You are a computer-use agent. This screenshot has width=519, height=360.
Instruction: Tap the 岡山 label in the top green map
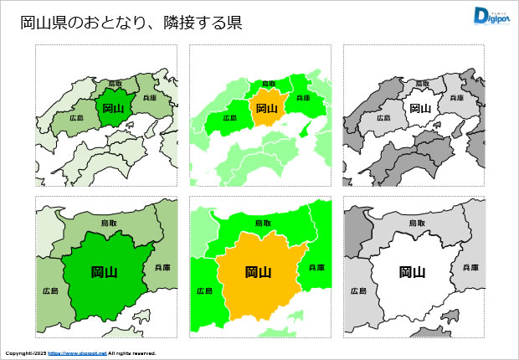(112, 108)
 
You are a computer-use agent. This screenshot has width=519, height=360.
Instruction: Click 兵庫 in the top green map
(150, 98)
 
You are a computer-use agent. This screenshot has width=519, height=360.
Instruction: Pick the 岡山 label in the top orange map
(266, 108)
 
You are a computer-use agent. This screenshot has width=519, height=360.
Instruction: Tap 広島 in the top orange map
(229, 118)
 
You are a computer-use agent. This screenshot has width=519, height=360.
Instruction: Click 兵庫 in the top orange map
(303, 98)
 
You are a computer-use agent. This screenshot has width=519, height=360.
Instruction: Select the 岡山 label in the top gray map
(420, 108)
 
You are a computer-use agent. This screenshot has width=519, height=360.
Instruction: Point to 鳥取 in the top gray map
(424, 84)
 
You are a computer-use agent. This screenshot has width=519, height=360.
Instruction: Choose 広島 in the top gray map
(383, 118)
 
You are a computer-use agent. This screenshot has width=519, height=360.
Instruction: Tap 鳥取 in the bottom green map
(110, 224)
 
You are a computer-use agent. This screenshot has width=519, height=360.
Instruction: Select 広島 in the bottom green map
(50, 291)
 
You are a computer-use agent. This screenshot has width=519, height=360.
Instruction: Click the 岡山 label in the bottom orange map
(258, 271)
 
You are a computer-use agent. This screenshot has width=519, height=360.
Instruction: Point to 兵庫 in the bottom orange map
(316, 267)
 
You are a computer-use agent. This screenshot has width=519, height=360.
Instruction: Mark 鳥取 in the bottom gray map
(418, 224)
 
